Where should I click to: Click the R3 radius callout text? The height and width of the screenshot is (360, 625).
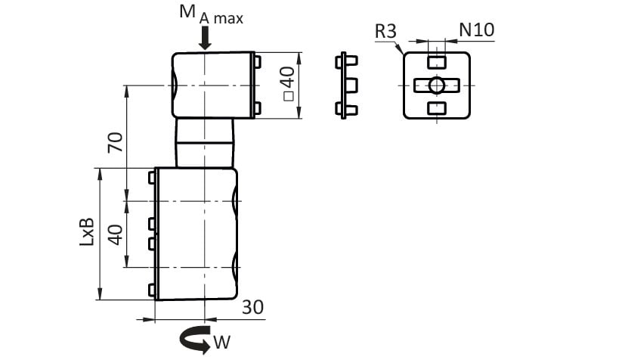pos(385,32)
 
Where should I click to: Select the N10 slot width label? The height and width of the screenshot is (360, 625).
pos(477,29)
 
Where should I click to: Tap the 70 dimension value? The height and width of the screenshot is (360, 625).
pos(116,142)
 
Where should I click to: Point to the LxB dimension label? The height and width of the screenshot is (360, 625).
pos(87,231)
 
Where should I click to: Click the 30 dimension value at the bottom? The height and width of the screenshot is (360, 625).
pos(252,307)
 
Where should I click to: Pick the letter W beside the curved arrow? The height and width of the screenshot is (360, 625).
pos(222,342)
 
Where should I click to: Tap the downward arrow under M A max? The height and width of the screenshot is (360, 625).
pos(205,39)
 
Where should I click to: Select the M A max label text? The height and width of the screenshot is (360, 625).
pos(211,15)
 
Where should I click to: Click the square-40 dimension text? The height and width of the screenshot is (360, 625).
pos(288,84)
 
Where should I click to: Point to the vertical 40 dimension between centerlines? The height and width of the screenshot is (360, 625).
pos(116,234)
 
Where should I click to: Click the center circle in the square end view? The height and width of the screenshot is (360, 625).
pos(437,85)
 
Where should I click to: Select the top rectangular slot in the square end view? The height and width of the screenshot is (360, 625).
pos(437,62)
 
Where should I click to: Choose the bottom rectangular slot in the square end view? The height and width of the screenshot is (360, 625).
pos(437,108)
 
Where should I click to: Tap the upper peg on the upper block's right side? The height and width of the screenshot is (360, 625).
pos(258,62)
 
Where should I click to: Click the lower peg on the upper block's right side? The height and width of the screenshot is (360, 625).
pos(258,108)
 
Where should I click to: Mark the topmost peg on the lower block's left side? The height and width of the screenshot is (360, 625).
pos(152,178)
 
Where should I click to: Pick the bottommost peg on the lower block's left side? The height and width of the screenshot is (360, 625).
pos(152,290)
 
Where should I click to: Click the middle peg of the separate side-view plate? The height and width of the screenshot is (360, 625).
pos(351,85)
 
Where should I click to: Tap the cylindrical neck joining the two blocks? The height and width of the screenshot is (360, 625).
pos(205,143)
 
